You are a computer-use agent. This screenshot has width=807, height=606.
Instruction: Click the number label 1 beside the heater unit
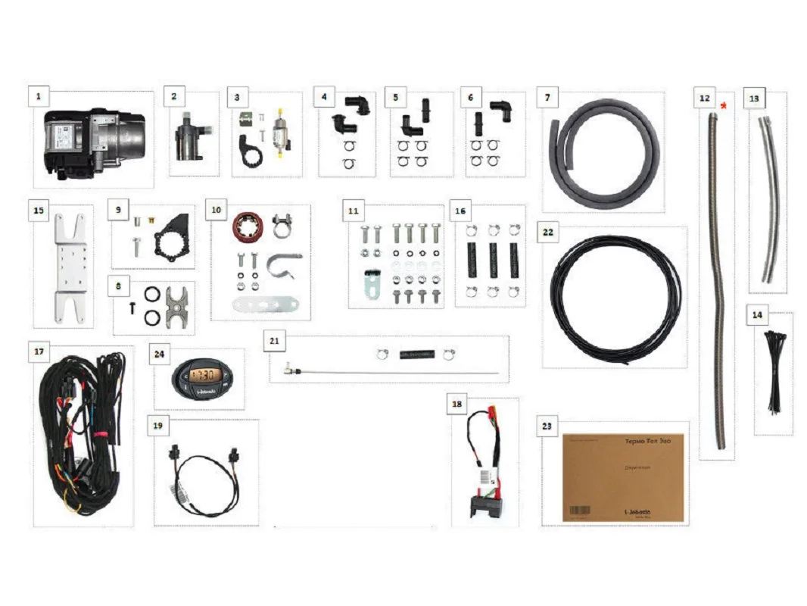(39, 97)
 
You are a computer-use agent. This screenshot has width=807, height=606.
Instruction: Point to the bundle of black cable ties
(774, 371)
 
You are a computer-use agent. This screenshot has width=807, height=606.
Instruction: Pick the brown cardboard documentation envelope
(623, 477)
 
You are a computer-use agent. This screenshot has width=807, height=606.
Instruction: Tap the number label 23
(547, 426)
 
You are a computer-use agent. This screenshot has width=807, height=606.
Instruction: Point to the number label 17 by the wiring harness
(39, 352)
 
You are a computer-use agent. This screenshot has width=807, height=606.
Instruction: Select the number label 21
(274, 341)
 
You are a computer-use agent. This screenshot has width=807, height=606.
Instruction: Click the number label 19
(157, 426)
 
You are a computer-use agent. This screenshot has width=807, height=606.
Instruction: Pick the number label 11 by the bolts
(352, 211)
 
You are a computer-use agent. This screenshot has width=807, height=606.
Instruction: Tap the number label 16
(460, 211)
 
